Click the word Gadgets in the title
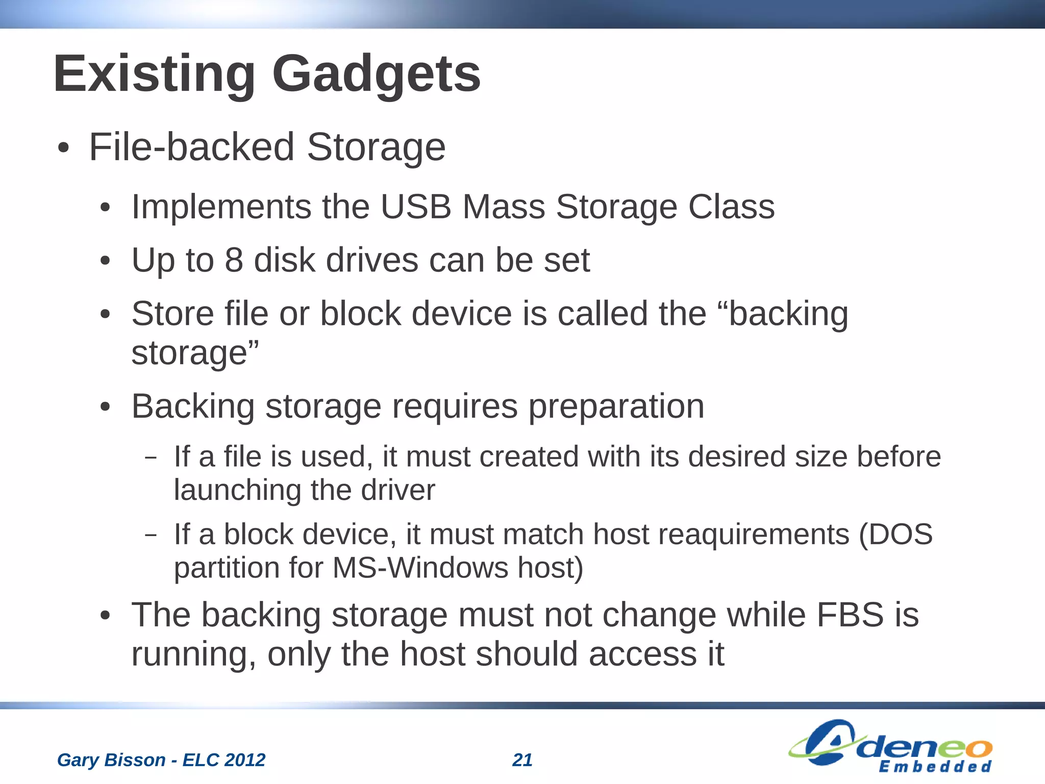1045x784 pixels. (x=376, y=74)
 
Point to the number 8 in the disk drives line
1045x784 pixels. (x=234, y=260)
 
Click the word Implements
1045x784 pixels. (x=221, y=207)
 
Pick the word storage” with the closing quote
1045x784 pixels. (x=195, y=353)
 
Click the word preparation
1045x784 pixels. (x=616, y=407)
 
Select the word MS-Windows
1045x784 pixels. (x=420, y=568)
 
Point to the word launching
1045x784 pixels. (x=237, y=490)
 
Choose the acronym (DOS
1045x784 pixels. (x=895, y=535)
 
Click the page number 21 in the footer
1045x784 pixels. (x=522, y=760)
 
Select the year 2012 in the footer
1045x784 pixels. (x=244, y=760)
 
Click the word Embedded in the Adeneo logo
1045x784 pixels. (x=935, y=767)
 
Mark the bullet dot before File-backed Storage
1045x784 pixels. (x=63, y=148)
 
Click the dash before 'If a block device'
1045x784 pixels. (x=151, y=536)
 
